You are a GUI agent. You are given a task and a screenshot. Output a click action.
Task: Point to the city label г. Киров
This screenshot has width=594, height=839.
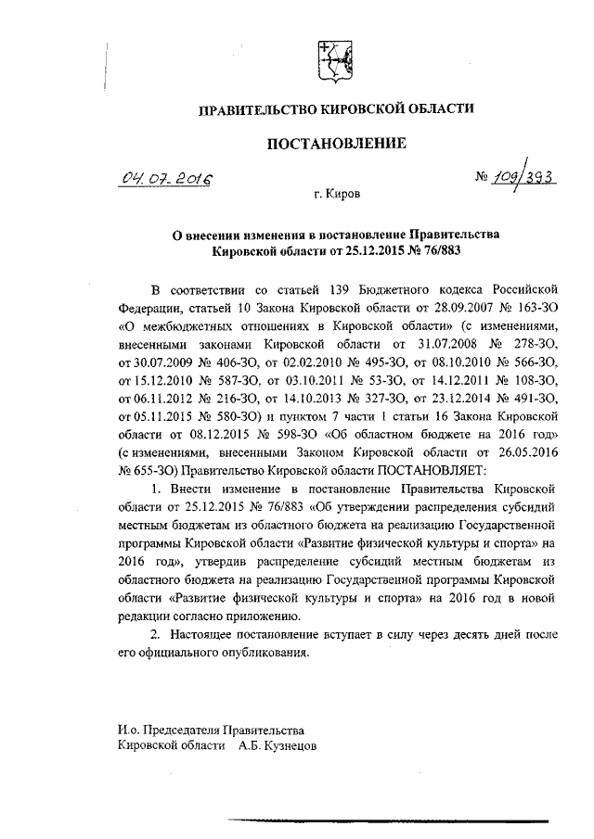(337, 196)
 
